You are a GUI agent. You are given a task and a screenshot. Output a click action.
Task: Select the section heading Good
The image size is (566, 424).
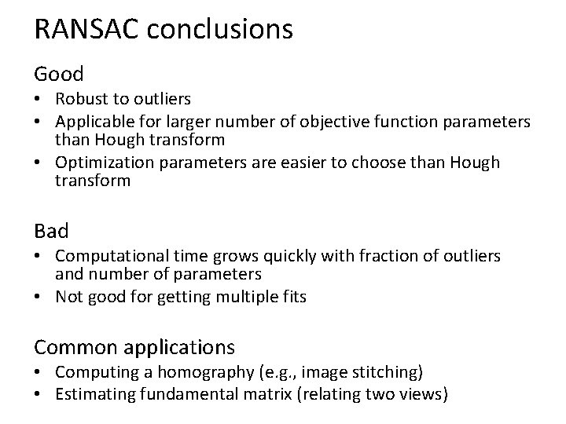58,75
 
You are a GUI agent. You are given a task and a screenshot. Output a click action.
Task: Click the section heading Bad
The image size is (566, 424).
51,231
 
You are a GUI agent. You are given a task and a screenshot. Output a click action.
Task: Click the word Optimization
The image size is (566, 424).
98,163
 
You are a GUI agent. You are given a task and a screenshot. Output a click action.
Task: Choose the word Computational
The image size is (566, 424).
102,257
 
